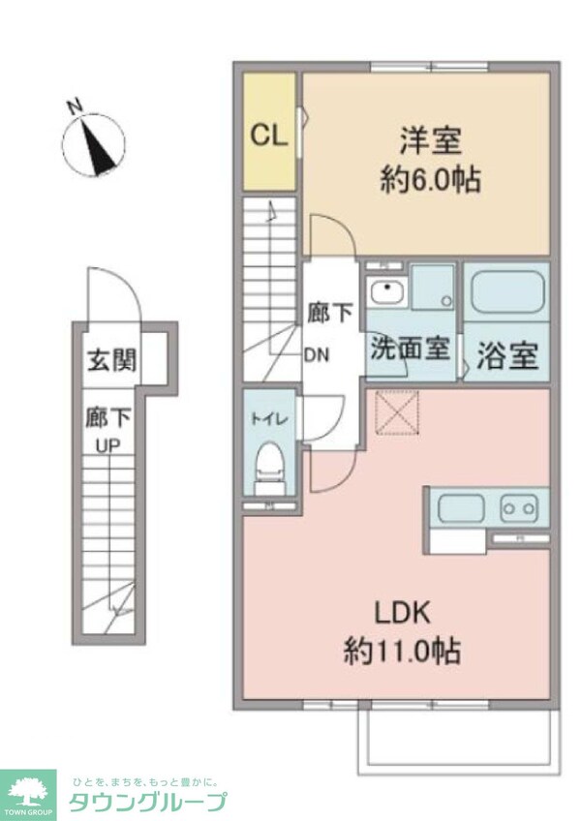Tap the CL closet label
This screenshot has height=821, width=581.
tap(269, 135)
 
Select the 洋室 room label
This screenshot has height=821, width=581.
tap(428, 141)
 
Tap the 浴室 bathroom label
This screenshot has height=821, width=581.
tap(506, 355)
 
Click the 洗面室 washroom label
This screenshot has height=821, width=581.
tap(411, 349)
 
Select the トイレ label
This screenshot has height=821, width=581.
tap(267, 419)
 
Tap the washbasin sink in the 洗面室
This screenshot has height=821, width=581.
tap(386, 289)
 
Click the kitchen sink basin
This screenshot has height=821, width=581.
tap(461, 507)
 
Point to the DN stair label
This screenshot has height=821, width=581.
tap(317, 353)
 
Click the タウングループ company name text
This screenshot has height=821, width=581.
tap(147, 801)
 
